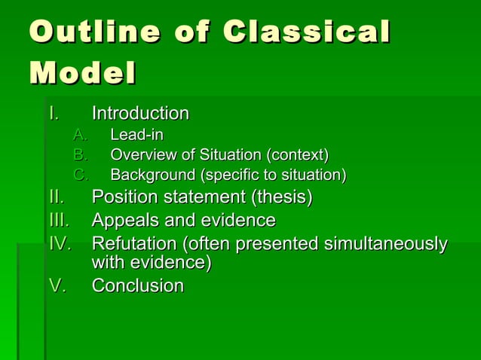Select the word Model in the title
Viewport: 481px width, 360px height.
(83, 75)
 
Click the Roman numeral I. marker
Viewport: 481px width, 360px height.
(53, 114)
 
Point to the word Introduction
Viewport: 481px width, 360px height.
(140, 114)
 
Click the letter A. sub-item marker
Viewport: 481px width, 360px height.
(80, 136)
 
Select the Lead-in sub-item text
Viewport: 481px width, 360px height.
(137, 136)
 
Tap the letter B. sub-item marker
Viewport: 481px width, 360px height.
(80, 156)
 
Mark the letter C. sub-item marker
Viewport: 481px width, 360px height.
(81, 176)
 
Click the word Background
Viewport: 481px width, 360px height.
(150, 176)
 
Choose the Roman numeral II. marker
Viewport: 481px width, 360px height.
(56, 197)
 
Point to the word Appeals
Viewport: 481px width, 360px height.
(123, 221)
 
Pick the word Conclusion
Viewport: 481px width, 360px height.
(138, 286)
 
